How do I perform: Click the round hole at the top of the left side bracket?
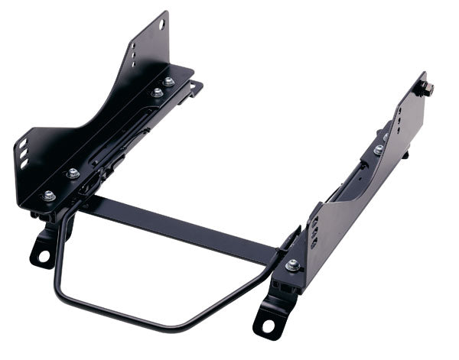click(162, 25)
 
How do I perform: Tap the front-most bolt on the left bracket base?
click(48, 196)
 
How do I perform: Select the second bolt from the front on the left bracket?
click(73, 174)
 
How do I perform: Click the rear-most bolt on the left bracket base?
click(169, 81)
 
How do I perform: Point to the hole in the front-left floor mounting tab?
click(38, 252)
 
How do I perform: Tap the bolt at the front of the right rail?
click(293, 265)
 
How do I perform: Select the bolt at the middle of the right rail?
click(379, 150)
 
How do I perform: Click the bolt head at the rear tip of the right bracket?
click(427, 89)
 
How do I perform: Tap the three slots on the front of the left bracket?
click(24, 154)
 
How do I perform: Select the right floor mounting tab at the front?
click(268, 317)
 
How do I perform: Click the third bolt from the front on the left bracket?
click(157, 92)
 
